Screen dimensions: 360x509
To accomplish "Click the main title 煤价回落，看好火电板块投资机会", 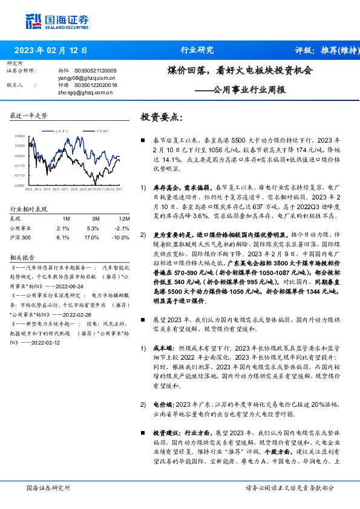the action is tap(241, 70).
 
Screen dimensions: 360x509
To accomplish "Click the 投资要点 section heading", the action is tap(161, 117).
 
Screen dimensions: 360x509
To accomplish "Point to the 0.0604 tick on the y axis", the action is tap(21, 136).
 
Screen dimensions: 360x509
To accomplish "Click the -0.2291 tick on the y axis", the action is tap(21, 185).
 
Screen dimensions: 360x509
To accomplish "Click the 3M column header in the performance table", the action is tap(95, 218).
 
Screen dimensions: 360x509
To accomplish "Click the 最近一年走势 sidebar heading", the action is tap(29, 115).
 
